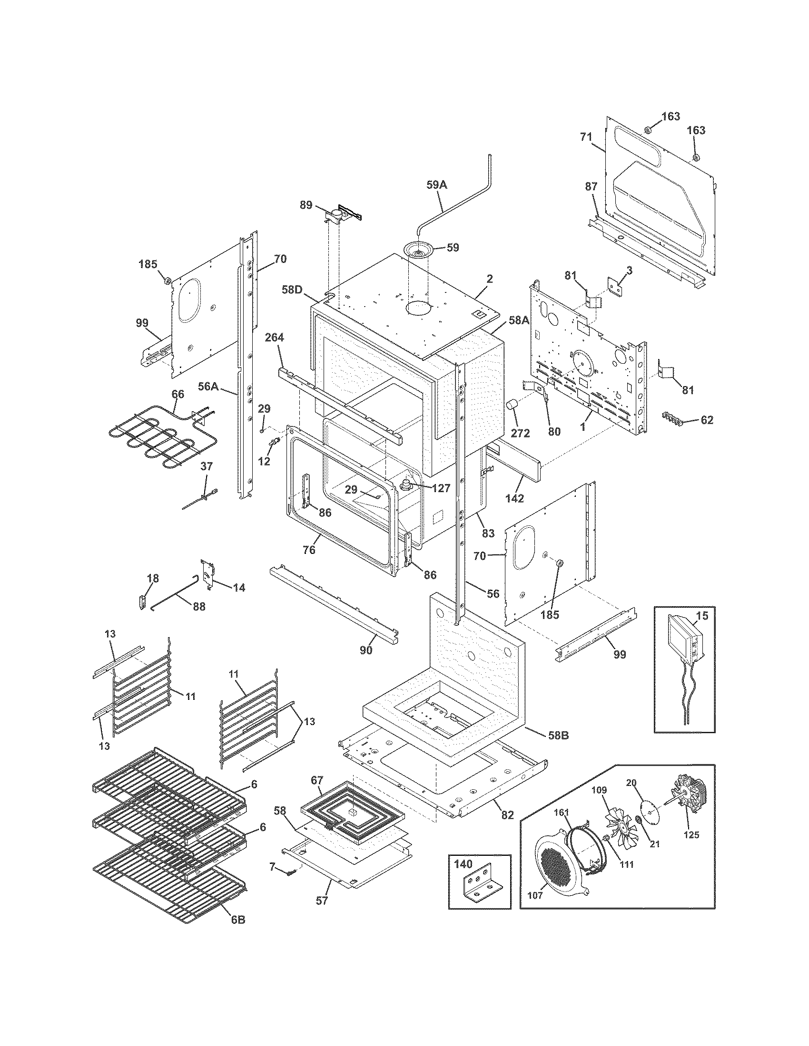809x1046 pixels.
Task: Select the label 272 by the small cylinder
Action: tap(520, 433)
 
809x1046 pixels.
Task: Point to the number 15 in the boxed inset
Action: tap(701, 616)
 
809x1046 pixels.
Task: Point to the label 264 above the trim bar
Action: tap(275, 338)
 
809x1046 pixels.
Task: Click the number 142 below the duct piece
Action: tap(514, 498)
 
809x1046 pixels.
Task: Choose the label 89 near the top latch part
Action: tap(306, 205)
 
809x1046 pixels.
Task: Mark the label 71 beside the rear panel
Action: tap(586, 137)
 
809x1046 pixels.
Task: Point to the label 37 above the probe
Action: tap(206, 466)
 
